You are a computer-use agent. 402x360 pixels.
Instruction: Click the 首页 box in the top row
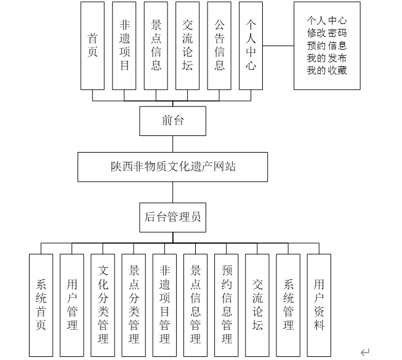[x=92, y=46]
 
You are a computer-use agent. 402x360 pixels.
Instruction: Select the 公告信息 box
[x=219, y=46]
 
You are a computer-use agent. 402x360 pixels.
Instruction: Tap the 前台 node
[x=172, y=121]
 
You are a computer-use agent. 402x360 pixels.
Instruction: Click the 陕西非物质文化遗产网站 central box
[x=172, y=166]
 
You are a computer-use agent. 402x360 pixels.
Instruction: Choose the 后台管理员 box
[x=172, y=216]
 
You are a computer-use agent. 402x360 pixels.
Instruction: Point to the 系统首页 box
[x=41, y=305]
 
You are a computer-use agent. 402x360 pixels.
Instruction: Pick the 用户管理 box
[x=72, y=305]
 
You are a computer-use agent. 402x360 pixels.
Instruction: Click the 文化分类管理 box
[x=103, y=305]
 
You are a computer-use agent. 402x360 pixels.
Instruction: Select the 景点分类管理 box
[x=134, y=305]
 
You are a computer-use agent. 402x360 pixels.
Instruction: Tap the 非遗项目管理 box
[x=164, y=305]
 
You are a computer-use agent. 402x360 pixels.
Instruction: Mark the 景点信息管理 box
[x=195, y=305]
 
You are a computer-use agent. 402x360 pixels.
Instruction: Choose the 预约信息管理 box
[x=227, y=305]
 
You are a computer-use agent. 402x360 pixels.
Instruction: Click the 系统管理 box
[x=288, y=305]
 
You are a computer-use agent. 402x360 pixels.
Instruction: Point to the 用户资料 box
[x=319, y=305]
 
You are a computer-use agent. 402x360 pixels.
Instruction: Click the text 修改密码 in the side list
[x=326, y=33]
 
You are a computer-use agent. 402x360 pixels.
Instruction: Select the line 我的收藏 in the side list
[x=326, y=70]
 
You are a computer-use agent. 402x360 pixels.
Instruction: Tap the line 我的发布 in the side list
[x=326, y=58]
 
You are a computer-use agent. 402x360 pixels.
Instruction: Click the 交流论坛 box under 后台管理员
[x=257, y=305]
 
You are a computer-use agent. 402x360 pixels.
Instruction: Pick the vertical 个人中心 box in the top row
[x=251, y=46]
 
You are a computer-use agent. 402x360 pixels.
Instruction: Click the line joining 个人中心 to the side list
[x=278, y=46]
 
